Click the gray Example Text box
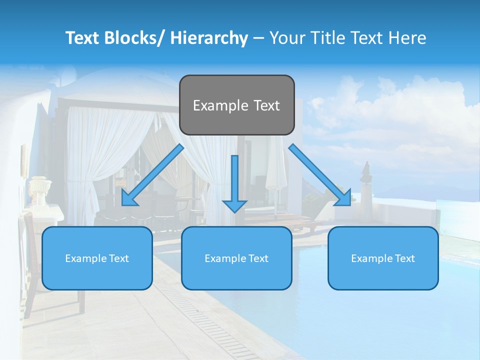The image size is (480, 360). pyautogui.click(x=236, y=105)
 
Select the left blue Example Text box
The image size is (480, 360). pyautogui.click(x=97, y=258)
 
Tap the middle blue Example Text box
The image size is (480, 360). pyautogui.click(x=236, y=258)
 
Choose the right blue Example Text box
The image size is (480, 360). pyautogui.click(x=383, y=258)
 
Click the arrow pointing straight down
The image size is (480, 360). pyautogui.click(x=234, y=182)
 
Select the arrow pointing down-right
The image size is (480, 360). pyautogui.click(x=320, y=175)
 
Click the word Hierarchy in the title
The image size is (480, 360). pyautogui.click(x=209, y=38)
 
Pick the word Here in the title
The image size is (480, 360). pyautogui.click(x=407, y=38)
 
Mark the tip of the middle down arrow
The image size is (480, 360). pyautogui.click(x=234, y=211)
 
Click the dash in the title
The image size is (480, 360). pyautogui.click(x=258, y=38)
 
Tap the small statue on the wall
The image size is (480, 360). pyautogui.click(x=366, y=172)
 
